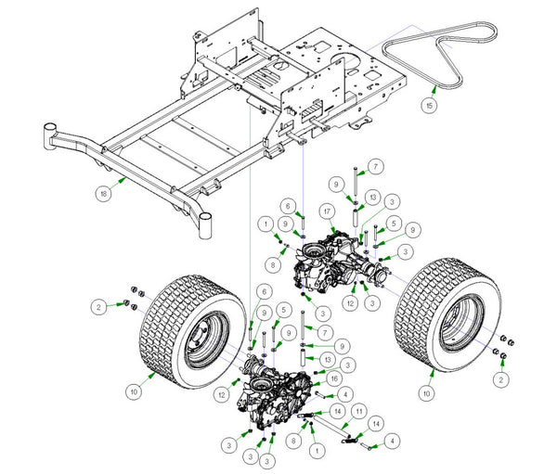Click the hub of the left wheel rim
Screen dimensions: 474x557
(201, 338)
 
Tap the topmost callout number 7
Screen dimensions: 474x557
(376, 166)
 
